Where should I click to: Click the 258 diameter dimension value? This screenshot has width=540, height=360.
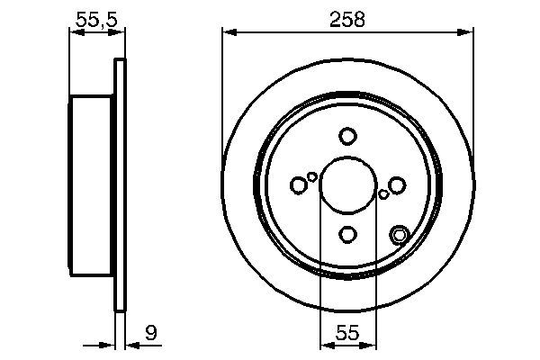pos(347,19)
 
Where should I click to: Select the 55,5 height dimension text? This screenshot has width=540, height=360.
pos(94,19)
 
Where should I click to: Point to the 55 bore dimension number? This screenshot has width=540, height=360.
pos(348,333)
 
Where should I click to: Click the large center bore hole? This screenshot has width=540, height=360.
pos(348,185)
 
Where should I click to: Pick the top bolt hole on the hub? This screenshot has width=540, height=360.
pos(348,136)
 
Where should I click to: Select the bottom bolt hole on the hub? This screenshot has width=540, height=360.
pos(348,235)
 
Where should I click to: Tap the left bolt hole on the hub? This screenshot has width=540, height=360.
pos(299,185)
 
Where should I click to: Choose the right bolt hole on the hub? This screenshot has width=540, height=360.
pos(397,185)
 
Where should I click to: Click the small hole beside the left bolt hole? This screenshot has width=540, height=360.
pos(312,176)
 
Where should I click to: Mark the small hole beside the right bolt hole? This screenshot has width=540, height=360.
pos(384,193)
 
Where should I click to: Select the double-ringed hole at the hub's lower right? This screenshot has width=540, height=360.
pos(400,236)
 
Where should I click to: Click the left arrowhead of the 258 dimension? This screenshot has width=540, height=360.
pos(229,33)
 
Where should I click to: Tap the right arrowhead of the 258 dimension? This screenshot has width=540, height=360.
pos(467,33)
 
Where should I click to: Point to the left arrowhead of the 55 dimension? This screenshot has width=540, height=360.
pos(327,343)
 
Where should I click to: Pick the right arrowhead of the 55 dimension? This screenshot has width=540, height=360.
pos(370,343)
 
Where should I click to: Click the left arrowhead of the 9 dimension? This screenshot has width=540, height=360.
pos(109,343)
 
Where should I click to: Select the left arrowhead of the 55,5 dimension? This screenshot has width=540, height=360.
pos(75,33)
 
